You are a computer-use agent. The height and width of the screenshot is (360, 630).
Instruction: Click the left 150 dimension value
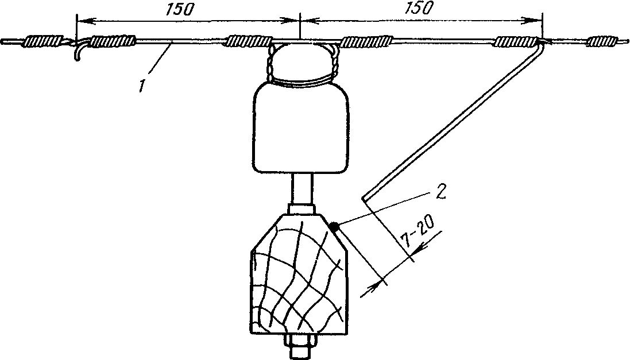tap(179, 10)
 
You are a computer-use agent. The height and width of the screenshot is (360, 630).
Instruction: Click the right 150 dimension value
tap(419, 8)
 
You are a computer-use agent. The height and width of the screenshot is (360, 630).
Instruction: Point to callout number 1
tap(142, 86)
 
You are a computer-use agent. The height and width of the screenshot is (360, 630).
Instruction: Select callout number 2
tap(440, 192)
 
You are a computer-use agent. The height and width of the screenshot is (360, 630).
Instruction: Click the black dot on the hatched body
tap(333, 227)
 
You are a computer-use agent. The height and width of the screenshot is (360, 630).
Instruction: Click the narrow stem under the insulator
tap(302, 188)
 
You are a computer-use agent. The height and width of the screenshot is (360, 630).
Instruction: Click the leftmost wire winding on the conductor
tap(44, 41)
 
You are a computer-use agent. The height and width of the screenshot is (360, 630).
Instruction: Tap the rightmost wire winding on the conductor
tap(602, 41)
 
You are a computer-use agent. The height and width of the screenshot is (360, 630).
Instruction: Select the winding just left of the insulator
tap(249, 41)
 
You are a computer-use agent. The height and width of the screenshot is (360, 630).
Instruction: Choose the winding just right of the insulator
tap(366, 41)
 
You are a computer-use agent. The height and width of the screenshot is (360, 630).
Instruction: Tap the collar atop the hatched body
tap(302, 209)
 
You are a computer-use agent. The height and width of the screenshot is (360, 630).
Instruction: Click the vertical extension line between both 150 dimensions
tap(299, 26)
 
